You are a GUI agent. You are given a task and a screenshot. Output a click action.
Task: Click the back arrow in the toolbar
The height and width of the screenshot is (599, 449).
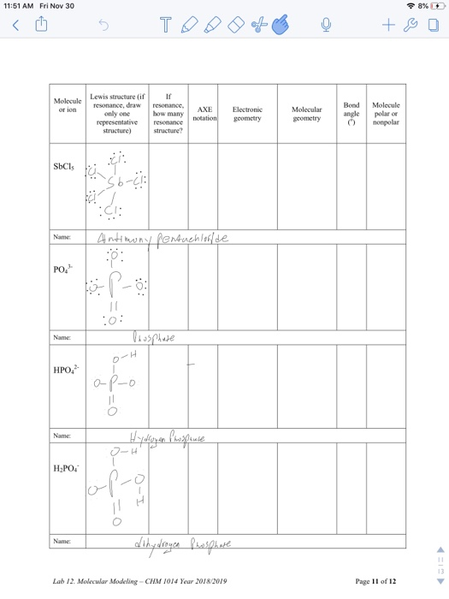point(15,26)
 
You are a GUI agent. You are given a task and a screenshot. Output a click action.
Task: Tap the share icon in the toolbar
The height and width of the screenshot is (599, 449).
point(40,26)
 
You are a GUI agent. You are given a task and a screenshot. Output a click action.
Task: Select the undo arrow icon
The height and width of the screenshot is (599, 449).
point(103,26)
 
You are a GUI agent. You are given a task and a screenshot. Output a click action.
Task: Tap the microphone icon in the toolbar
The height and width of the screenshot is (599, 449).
point(326,26)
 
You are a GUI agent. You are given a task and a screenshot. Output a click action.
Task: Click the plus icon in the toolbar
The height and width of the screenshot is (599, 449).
point(388,26)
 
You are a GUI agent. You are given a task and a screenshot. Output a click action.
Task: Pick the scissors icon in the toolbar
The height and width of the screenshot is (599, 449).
point(255,26)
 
